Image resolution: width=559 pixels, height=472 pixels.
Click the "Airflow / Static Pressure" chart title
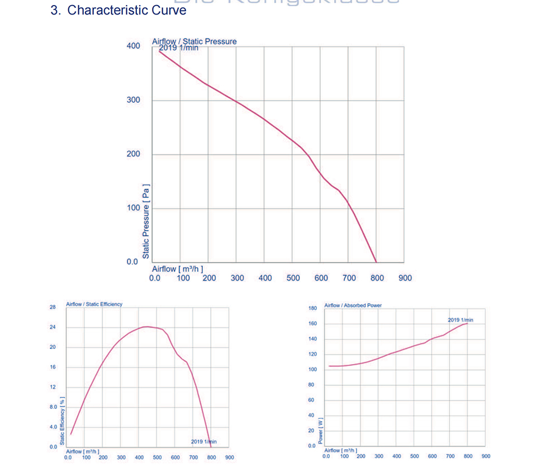[x=194, y=41]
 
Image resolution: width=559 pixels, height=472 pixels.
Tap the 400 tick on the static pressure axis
[x=133, y=46]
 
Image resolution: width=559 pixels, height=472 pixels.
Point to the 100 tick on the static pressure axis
[x=133, y=208]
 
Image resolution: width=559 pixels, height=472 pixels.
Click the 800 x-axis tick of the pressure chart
[x=377, y=278]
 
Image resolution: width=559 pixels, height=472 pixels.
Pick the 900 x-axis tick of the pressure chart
[x=405, y=278]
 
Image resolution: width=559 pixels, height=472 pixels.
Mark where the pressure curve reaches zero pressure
[x=376, y=262]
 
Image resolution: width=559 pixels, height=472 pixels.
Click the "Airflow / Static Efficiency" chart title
[x=94, y=304]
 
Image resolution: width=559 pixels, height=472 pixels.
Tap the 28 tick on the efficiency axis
[x=53, y=308]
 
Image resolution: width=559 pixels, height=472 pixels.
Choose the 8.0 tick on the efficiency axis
[x=53, y=407]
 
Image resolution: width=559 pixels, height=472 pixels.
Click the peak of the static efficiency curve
[x=146, y=327]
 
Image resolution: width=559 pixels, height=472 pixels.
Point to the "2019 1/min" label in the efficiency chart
[x=203, y=442]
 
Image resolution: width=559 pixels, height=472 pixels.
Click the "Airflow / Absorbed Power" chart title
[x=353, y=305]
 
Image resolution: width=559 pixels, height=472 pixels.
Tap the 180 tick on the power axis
[x=312, y=308]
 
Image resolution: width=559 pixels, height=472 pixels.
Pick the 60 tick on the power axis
[x=312, y=400]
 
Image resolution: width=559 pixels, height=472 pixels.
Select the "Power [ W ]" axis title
[x=320, y=431]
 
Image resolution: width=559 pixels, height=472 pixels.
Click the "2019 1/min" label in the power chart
[x=460, y=320]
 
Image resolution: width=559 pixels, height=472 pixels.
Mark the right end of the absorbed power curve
[x=467, y=323]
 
